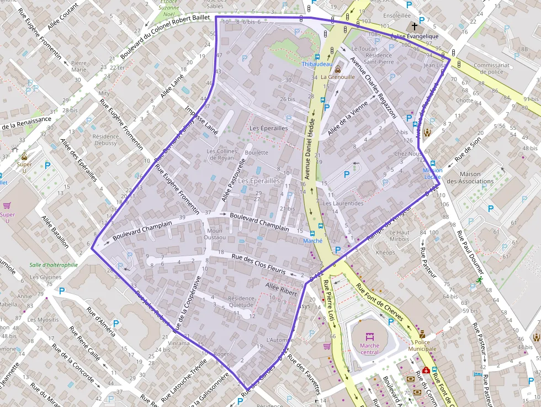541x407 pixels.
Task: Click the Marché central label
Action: point(369,349)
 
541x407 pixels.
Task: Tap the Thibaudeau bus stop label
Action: point(317,64)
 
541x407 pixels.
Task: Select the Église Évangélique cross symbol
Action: point(415,27)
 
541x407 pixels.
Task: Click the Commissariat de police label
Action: point(488,68)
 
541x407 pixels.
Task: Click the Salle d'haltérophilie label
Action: point(54,265)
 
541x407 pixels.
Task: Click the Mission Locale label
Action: point(432,174)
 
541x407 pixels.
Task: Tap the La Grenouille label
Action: point(337,77)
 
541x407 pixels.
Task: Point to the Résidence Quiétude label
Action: point(240,302)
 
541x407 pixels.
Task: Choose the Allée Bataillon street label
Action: point(55,231)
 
